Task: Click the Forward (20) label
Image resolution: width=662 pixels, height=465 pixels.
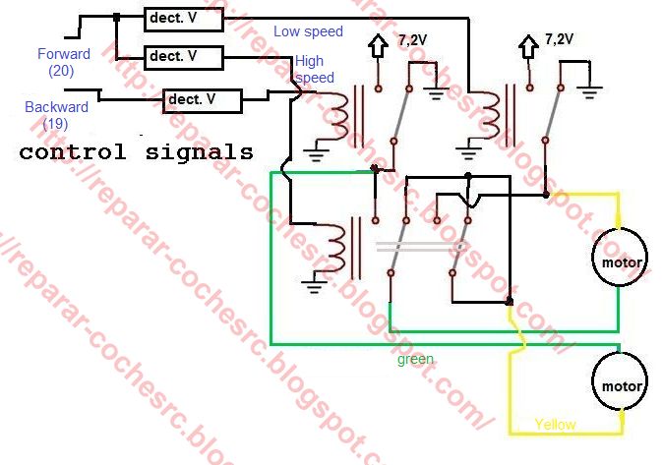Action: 63,62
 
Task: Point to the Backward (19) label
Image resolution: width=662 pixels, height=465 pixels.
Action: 56,114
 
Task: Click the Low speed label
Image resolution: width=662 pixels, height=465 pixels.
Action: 308,31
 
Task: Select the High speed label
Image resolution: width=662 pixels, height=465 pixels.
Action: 314,70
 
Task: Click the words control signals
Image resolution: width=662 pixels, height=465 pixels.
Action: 136,152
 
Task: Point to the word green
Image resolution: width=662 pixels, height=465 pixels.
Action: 415,359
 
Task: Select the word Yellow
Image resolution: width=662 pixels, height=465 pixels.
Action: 556,425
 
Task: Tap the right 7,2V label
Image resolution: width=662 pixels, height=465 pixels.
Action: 558,40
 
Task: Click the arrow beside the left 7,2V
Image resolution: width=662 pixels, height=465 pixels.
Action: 377,46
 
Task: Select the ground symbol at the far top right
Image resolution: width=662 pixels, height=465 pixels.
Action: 590,93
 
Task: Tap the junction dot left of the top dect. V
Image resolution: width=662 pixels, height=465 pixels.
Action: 116,17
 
